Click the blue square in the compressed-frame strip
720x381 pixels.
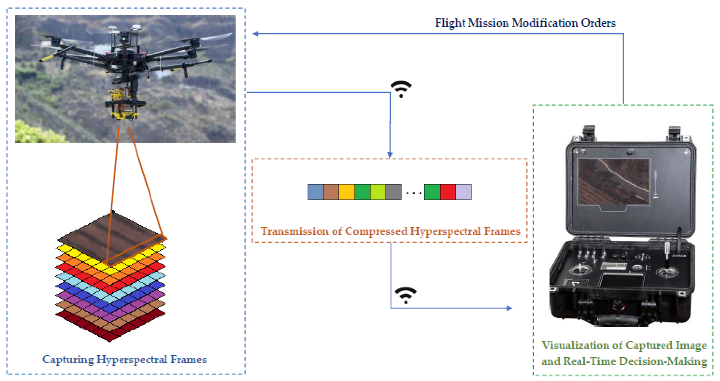[x=316, y=192]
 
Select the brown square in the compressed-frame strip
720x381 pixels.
[x=331, y=192]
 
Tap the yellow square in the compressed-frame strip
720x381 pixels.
[x=347, y=192]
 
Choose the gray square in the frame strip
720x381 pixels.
[x=394, y=192]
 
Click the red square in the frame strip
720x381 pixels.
[x=448, y=192]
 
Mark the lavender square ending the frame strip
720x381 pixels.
[x=464, y=192]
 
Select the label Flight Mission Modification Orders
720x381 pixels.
[x=525, y=23]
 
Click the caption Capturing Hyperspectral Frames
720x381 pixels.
[x=124, y=359]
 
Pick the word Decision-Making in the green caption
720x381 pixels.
[x=663, y=361]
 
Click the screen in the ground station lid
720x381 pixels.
[x=613, y=182]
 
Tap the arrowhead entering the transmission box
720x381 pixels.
[x=390, y=154]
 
